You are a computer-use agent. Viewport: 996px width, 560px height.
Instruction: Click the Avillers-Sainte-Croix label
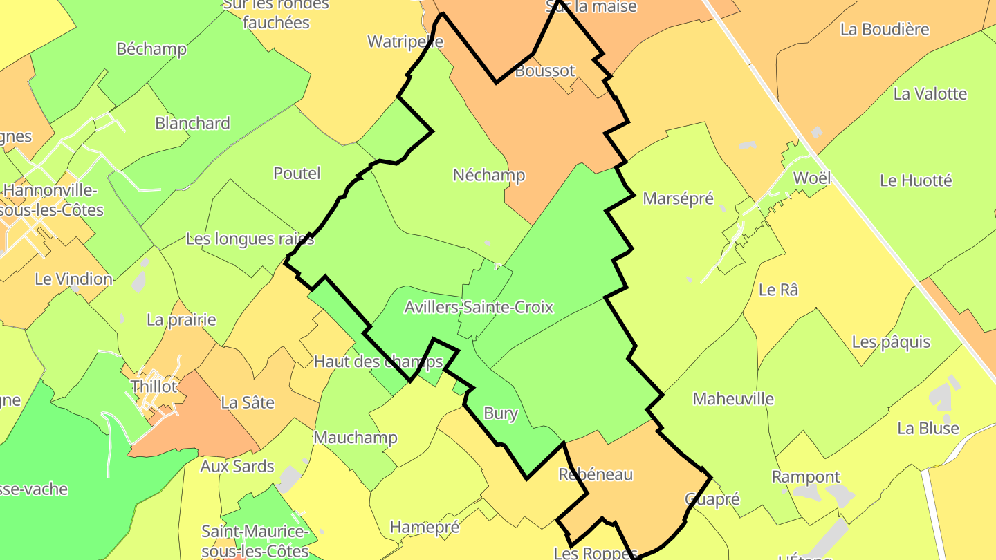[x=479, y=307]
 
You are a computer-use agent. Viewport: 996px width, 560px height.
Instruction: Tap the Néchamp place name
[x=489, y=175]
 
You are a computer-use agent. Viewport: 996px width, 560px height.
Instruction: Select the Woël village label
[x=811, y=178]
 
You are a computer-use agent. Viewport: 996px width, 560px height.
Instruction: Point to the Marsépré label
[x=678, y=198]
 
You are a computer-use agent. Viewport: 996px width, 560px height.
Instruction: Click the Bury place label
[x=500, y=413]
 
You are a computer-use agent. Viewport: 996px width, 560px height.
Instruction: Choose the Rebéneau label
[x=596, y=474]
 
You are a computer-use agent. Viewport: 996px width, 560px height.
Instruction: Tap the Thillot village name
[x=154, y=386]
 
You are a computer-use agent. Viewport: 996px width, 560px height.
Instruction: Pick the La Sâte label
[x=248, y=402]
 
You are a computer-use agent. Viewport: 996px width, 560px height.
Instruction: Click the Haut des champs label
[x=378, y=361]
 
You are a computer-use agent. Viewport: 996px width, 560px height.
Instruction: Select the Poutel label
[x=297, y=173]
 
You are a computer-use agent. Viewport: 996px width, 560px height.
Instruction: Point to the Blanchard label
[x=192, y=123]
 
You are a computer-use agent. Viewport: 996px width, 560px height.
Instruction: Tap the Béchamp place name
[x=151, y=48]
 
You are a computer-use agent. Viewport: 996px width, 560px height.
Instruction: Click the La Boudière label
[x=885, y=29]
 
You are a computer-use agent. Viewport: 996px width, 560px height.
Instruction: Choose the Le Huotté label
[x=916, y=180]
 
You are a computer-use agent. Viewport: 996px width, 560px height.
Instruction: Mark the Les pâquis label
[x=891, y=342]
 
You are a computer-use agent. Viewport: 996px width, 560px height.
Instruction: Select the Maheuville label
[x=733, y=399]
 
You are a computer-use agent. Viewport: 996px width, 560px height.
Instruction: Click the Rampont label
[x=806, y=476]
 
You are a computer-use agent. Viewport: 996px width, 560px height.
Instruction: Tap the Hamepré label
[x=425, y=527]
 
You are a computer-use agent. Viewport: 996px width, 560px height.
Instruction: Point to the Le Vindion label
[x=73, y=279]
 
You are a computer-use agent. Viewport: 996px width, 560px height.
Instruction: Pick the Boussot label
[x=545, y=71]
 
